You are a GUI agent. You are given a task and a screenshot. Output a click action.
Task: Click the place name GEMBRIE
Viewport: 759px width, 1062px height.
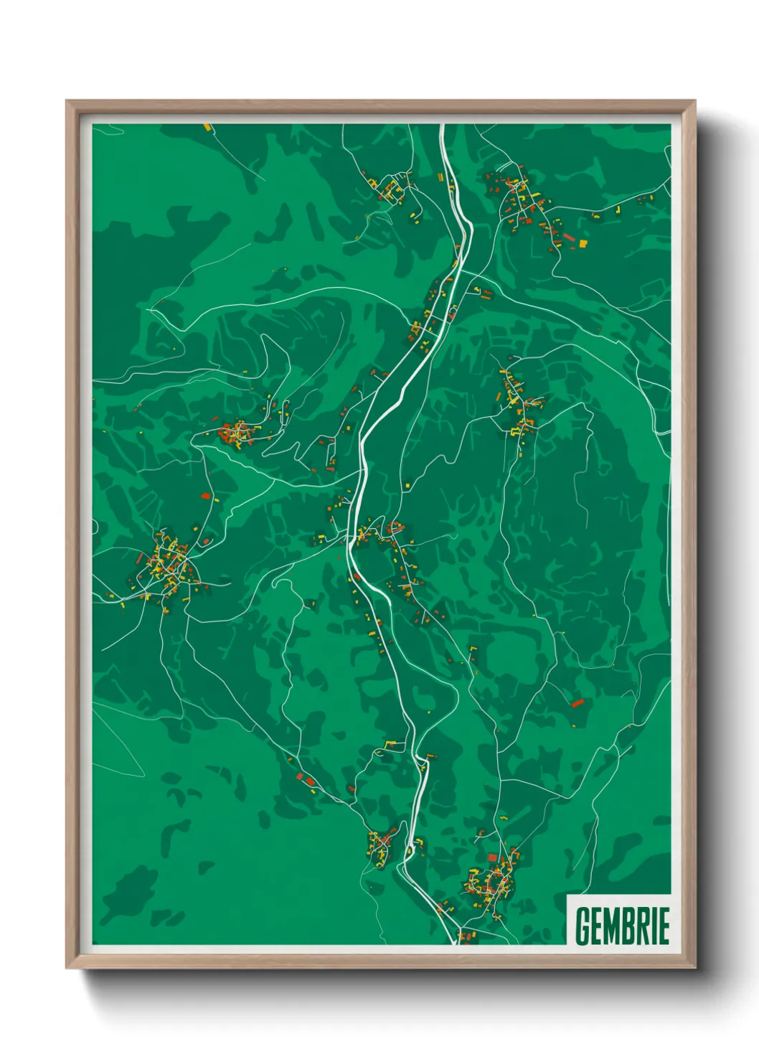tap(622, 926)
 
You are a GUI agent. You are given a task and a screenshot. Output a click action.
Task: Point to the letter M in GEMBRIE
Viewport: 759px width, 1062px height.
tap(612, 926)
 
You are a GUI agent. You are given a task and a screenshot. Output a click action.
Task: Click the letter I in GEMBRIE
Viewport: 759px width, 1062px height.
tap(654, 926)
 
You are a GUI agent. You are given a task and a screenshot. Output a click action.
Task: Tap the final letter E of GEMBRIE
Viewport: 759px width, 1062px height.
tap(664, 926)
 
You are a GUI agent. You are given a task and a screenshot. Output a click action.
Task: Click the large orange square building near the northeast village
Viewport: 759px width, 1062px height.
tap(583, 244)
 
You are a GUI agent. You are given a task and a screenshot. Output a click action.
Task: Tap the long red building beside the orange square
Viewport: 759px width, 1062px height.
tap(569, 237)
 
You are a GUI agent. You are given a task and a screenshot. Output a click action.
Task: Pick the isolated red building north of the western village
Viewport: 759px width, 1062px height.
tap(205, 495)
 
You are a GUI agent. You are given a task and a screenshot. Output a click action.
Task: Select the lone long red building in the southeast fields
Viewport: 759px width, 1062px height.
tap(577, 702)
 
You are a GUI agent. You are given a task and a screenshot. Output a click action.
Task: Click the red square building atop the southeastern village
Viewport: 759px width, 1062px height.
tap(492, 857)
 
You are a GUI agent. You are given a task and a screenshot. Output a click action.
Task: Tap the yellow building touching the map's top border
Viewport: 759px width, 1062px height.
tap(208, 127)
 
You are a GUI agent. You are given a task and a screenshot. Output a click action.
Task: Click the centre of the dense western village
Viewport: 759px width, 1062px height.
tap(171, 563)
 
